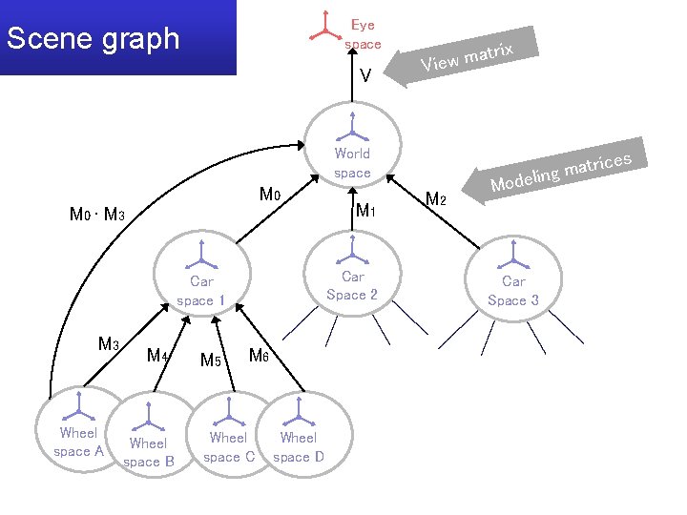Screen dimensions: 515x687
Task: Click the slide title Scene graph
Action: (93, 39)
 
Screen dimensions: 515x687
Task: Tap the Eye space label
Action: (363, 34)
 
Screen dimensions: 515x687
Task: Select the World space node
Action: (352, 143)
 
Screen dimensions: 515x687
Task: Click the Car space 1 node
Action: (201, 277)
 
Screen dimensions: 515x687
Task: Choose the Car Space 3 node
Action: (513, 277)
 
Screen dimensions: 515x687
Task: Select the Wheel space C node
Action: (228, 434)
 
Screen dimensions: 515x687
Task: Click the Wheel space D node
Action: (298, 434)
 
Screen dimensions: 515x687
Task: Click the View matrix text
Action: (468, 56)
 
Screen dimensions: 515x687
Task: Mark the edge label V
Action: (365, 75)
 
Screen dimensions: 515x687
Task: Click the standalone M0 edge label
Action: (270, 196)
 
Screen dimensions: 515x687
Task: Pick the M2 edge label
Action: (436, 199)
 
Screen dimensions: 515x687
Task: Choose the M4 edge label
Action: (157, 356)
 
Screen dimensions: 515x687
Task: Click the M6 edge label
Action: (259, 356)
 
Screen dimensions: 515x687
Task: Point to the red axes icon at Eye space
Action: (326, 27)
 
